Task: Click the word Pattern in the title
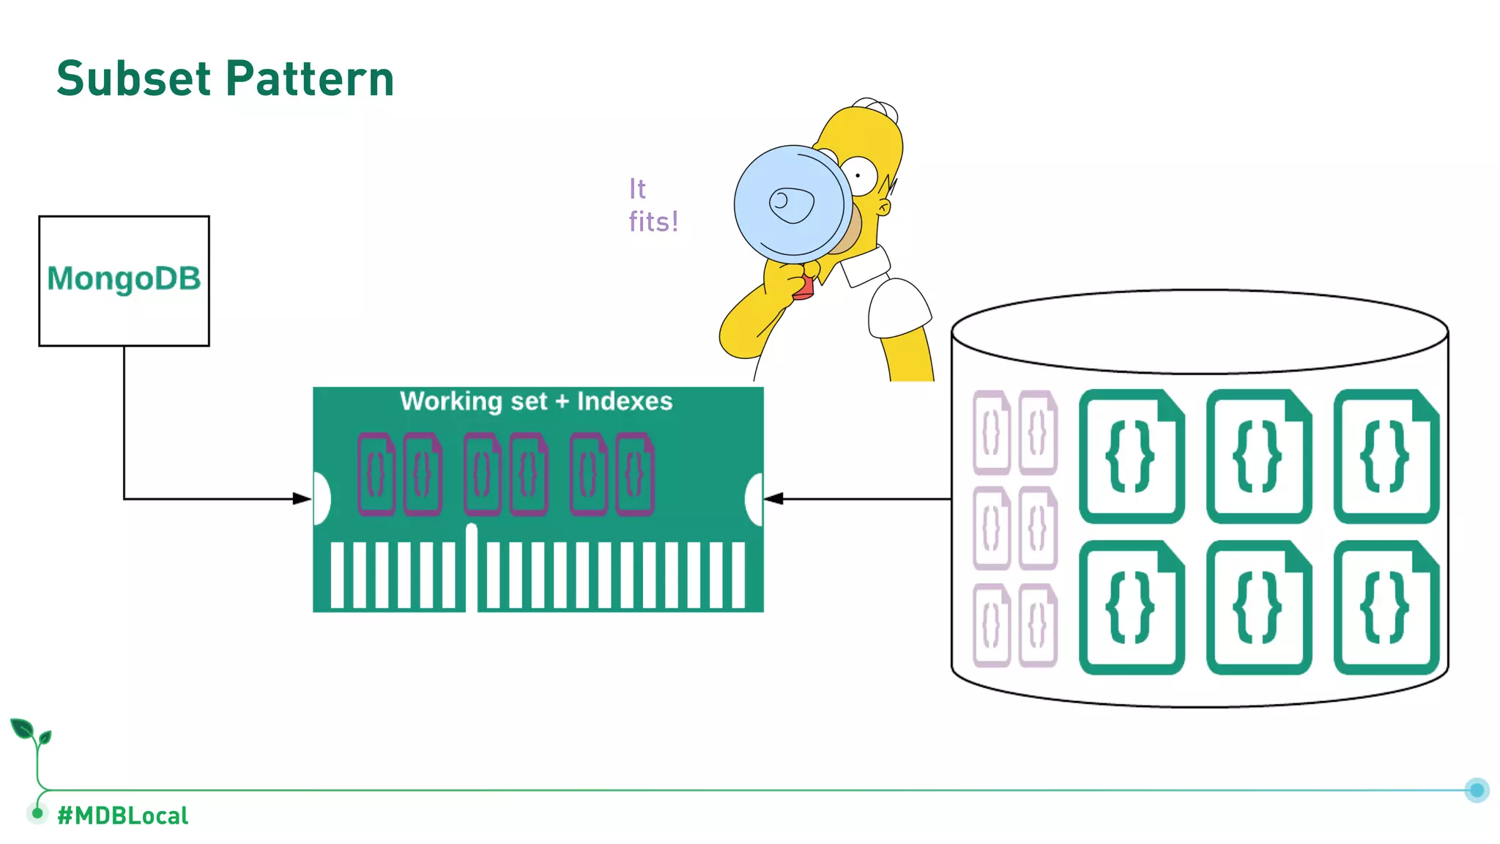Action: pos(310,78)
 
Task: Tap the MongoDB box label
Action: pos(124,278)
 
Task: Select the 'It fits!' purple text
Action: pos(652,205)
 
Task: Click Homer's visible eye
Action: pos(860,175)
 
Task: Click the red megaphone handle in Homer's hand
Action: pos(804,287)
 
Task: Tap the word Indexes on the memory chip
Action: pos(624,401)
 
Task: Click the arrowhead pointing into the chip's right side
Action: pos(773,499)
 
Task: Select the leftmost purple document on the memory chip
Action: pos(376,474)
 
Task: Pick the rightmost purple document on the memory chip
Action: pos(635,474)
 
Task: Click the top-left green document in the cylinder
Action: pos(1132,456)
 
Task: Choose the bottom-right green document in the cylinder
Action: pos(1386,607)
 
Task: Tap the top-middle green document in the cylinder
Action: pos(1258,456)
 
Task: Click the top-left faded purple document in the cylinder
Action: pos(991,432)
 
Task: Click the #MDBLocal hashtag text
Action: pos(122,815)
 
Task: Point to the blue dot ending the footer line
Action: pos(1477,790)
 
